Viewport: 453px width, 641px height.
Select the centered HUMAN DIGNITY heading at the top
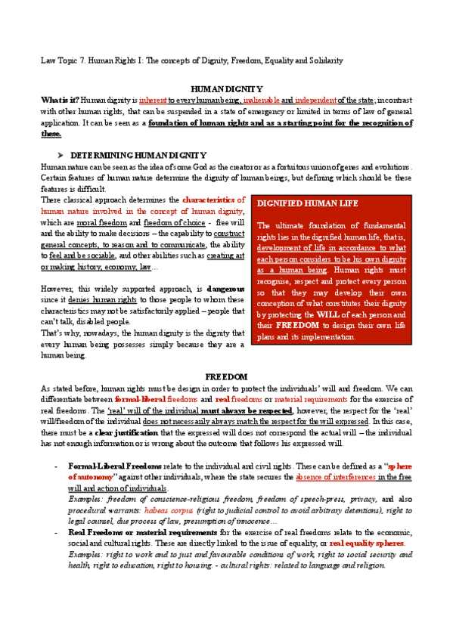click(226, 88)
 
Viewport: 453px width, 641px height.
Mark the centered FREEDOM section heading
click(226, 376)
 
